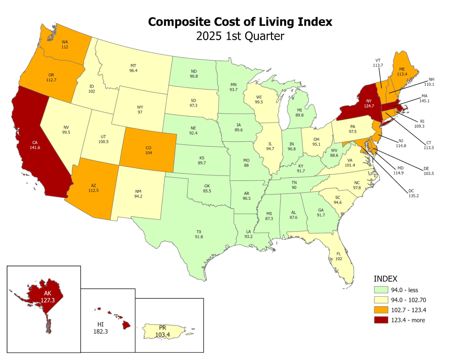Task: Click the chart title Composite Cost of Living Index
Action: click(240, 22)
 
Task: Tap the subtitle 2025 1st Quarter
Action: click(240, 36)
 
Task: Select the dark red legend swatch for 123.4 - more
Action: click(381, 320)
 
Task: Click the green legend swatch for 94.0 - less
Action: click(381, 290)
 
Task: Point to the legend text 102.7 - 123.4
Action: click(408, 310)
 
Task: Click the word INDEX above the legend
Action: click(385, 279)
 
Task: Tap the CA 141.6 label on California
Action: click(35, 145)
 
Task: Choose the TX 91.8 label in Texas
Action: click(199, 234)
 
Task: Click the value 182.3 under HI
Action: click(100, 332)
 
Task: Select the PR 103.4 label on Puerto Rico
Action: click(162, 331)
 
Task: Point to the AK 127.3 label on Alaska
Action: click(47, 297)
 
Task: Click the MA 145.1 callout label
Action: click(424, 99)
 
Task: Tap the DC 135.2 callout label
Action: click(413, 193)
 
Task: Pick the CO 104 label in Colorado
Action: click(148, 150)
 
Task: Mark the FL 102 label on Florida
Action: click(339, 256)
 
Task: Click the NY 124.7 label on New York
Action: click(369, 104)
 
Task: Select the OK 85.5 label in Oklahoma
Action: click(207, 188)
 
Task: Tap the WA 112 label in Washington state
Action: click(65, 44)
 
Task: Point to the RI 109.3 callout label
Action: click(419, 124)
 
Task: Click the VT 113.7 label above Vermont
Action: click(378, 63)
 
